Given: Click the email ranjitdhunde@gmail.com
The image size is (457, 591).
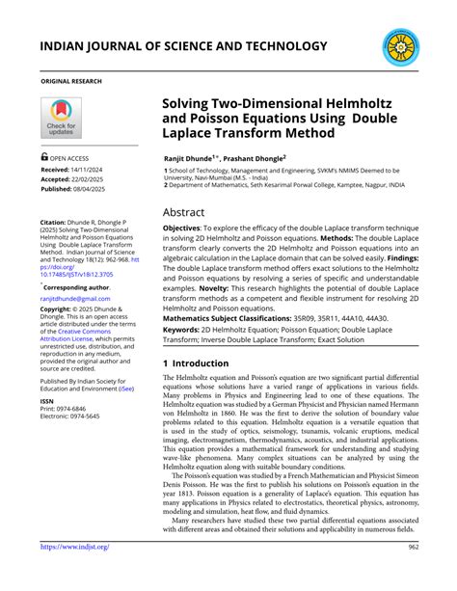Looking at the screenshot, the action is pos(75,299).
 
